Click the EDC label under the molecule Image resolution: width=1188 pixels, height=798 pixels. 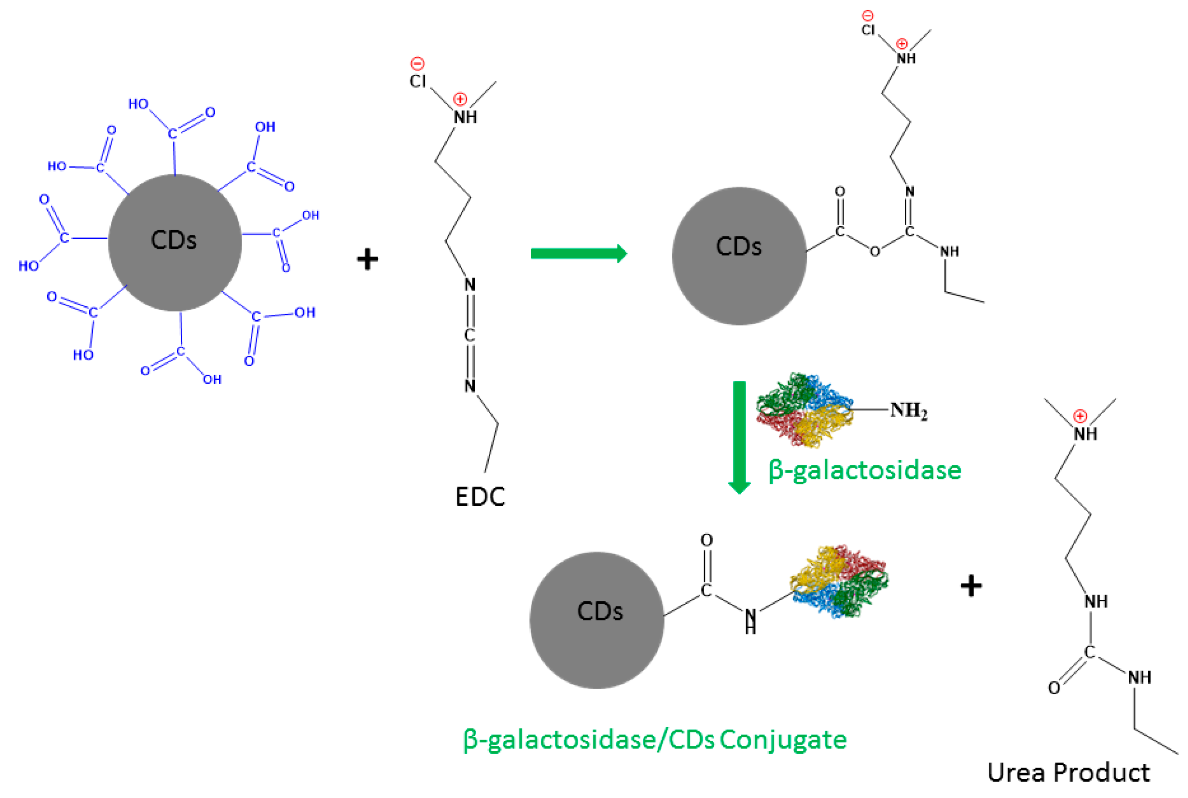coord(480,497)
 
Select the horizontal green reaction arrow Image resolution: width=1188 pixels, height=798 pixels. coord(578,253)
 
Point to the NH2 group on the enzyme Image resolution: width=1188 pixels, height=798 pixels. coord(908,410)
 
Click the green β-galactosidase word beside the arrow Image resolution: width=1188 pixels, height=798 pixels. coord(864,470)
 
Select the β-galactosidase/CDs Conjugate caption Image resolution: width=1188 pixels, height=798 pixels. coord(655,740)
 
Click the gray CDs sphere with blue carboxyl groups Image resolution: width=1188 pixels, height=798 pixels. coord(175,242)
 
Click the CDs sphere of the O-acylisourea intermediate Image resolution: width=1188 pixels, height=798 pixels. coord(739,255)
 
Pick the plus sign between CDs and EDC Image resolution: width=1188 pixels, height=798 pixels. coord(367,259)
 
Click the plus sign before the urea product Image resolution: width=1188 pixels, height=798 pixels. coord(971,586)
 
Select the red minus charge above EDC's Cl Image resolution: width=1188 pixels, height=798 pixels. coord(417,63)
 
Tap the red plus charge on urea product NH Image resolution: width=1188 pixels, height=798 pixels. coord(1079,416)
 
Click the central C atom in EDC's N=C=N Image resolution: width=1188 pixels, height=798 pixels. coord(470,336)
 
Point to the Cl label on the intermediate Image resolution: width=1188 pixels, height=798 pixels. coord(868,30)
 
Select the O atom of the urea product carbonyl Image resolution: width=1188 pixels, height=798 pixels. coord(1054,688)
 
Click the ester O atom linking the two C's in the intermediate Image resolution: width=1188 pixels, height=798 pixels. coord(874,252)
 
